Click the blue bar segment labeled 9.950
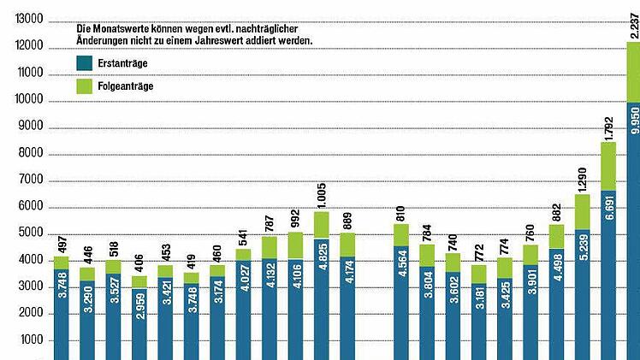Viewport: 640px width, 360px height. pos(633,231)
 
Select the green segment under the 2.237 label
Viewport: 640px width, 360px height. pos(633,73)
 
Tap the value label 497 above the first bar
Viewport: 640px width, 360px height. pos(61,243)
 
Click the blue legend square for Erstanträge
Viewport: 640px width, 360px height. pos(84,62)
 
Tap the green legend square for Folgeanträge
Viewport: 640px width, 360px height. pos(84,86)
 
